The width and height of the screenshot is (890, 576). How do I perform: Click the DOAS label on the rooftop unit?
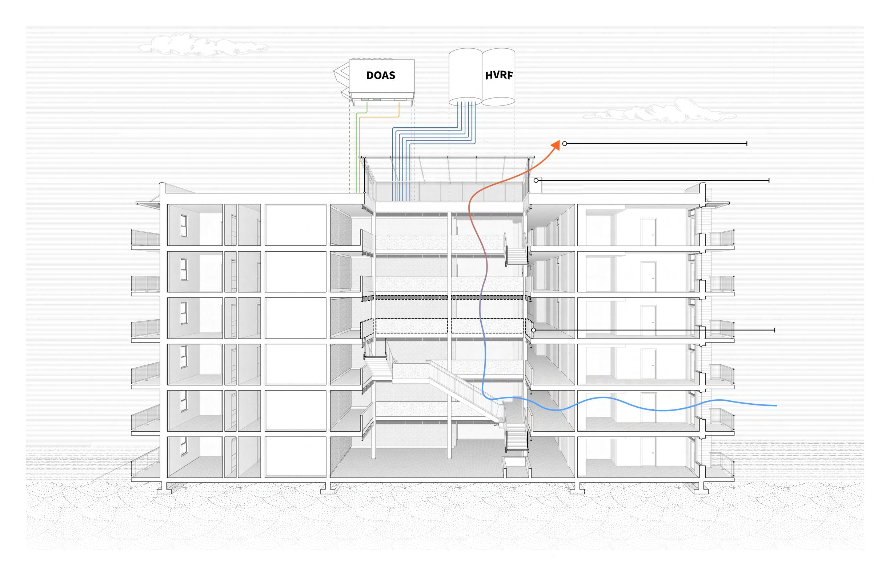[x=381, y=75]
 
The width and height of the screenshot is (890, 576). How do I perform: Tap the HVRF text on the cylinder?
[x=498, y=75]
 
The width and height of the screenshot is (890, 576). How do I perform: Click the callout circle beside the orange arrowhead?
[x=565, y=144]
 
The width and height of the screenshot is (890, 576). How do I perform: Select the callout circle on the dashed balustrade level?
[x=534, y=330]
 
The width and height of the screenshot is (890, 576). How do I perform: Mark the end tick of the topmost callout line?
[x=747, y=144]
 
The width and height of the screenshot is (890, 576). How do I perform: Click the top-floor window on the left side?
[x=184, y=225]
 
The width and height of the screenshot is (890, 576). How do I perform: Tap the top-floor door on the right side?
[x=648, y=232]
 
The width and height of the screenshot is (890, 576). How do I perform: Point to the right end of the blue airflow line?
[x=776, y=405]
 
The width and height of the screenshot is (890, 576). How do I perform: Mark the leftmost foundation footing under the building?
[x=164, y=489]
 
